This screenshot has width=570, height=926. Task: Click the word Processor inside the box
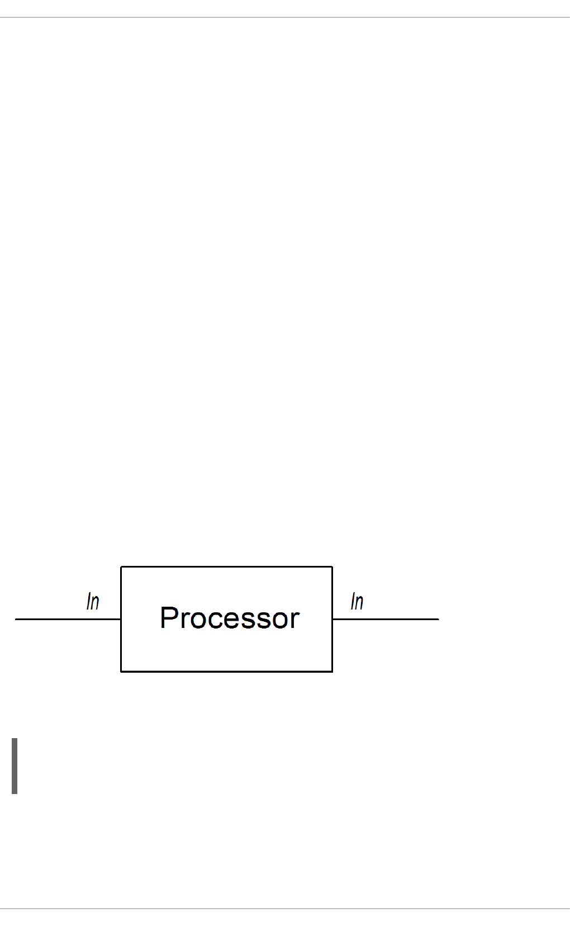coord(230,618)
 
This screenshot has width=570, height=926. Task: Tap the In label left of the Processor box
coord(93,601)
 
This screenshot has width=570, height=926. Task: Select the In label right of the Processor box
coord(357,601)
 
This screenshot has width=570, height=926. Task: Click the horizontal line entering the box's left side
coord(67,619)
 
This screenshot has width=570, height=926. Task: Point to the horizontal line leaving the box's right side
coord(386,619)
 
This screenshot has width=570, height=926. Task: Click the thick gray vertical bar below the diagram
coord(15,766)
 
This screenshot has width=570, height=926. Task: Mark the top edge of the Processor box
coord(226,566)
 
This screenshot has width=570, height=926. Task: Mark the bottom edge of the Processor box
coord(226,671)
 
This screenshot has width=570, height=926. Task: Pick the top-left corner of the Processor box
coord(121,566)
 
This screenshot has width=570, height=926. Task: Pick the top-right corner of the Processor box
coord(332,566)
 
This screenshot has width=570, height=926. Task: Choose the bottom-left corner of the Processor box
coord(121,671)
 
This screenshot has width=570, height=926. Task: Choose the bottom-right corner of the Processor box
coord(332,671)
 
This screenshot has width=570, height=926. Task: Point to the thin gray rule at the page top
coord(285,17)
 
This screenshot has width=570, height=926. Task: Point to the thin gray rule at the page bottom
coord(285,909)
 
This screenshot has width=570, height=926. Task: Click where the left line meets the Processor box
coord(121,619)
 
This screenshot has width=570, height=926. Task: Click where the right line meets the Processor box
coord(332,619)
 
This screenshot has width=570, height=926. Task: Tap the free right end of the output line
coord(438,619)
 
